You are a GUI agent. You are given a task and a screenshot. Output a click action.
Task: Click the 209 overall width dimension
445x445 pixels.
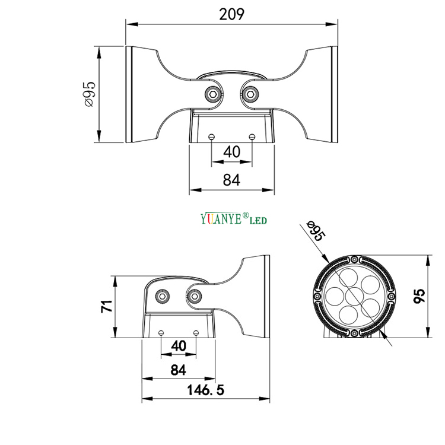point(231,14)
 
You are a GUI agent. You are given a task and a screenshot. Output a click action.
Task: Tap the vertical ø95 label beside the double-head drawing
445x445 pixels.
point(90,94)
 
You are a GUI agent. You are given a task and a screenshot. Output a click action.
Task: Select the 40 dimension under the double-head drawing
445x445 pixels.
point(231,152)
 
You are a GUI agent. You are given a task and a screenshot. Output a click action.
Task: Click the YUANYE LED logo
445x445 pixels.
point(234,219)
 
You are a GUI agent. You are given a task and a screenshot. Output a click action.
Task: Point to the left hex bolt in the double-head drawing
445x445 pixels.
point(212,94)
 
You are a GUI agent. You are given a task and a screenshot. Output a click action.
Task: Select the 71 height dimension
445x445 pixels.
point(106,307)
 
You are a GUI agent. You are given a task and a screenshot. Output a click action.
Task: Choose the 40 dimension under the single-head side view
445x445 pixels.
point(179,346)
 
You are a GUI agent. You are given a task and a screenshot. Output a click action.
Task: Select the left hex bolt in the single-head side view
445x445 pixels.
point(162,295)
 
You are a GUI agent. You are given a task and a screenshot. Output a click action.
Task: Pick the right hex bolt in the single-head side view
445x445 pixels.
point(195,295)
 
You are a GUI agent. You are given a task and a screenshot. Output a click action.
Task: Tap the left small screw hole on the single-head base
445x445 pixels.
point(161,332)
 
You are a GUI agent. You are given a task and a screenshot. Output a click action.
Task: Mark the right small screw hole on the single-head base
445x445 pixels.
point(196,332)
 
